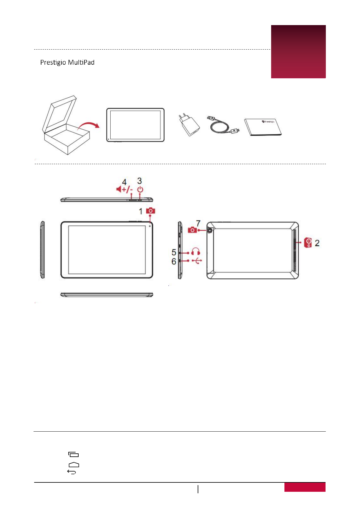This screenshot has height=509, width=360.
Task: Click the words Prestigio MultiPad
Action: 67,63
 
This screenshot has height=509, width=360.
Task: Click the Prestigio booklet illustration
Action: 263,127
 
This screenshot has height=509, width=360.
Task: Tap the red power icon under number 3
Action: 140,190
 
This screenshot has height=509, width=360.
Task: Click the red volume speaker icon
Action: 119,189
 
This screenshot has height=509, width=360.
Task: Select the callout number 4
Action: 124,182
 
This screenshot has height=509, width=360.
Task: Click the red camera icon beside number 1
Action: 151,211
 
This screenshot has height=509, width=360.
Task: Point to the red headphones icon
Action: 196,252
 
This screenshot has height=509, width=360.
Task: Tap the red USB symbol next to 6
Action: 197,261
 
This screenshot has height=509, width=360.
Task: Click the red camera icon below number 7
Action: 192,230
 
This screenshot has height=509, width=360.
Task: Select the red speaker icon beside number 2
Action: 308,243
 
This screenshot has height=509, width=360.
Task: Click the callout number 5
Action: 174,252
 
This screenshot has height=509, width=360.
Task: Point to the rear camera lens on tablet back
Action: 210,230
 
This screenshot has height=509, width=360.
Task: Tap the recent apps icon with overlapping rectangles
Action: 73,454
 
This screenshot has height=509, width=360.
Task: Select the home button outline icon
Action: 74,465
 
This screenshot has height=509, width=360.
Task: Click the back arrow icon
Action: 72,472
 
